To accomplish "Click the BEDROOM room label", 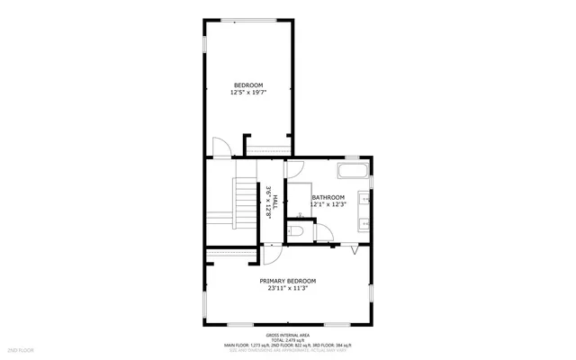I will [x=248, y=85].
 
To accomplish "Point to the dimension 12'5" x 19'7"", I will [x=248, y=92].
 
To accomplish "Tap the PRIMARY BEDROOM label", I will [x=288, y=281].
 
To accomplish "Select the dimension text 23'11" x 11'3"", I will [x=288, y=288].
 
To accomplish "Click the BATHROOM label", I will [x=328, y=197].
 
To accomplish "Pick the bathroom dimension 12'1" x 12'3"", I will [x=328, y=204].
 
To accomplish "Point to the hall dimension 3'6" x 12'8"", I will [x=268, y=202].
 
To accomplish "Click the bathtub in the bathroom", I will [x=354, y=171].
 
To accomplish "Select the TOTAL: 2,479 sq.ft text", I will [x=288, y=338].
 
